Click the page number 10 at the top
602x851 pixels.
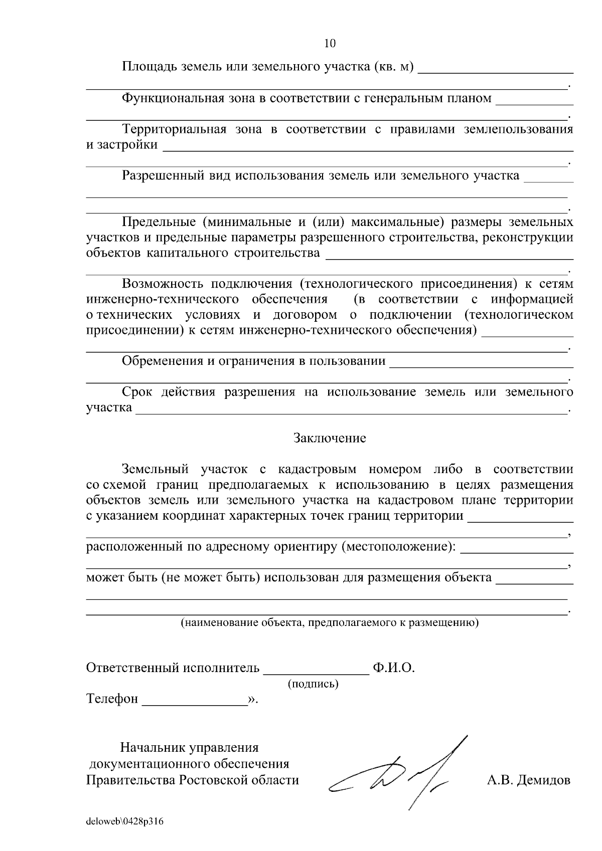pyautogui.click(x=330, y=44)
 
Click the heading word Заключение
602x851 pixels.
pyautogui.click(x=330, y=438)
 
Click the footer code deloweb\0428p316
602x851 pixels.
pyautogui.click(x=125, y=822)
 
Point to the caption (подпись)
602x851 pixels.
pyautogui.click(x=313, y=684)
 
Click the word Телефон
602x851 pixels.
pyautogui.click(x=112, y=699)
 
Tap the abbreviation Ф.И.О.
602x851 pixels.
pyautogui.click(x=394, y=668)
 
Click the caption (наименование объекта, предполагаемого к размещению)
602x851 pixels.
pyautogui.click(x=330, y=623)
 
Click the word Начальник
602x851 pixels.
pyautogui.click(x=153, y=748)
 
